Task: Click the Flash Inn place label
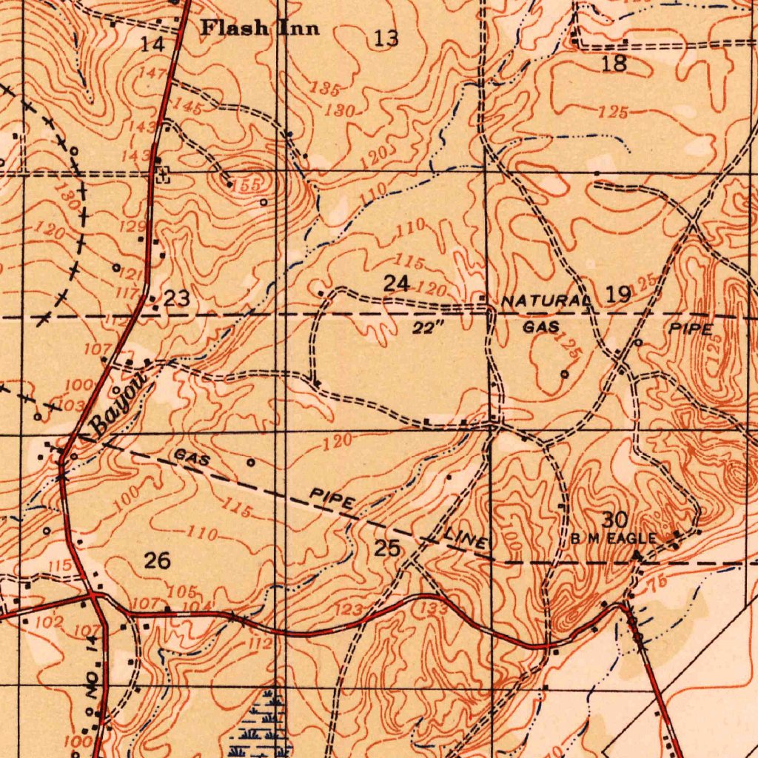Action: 261,29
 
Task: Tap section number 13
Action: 386,38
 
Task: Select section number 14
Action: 152,44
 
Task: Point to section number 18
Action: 614,64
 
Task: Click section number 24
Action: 396,283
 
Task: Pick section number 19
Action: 618,295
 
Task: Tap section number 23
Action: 177,299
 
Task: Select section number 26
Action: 157,560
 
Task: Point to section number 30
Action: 614,519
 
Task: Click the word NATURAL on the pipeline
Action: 545,302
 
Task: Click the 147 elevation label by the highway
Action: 152,73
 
